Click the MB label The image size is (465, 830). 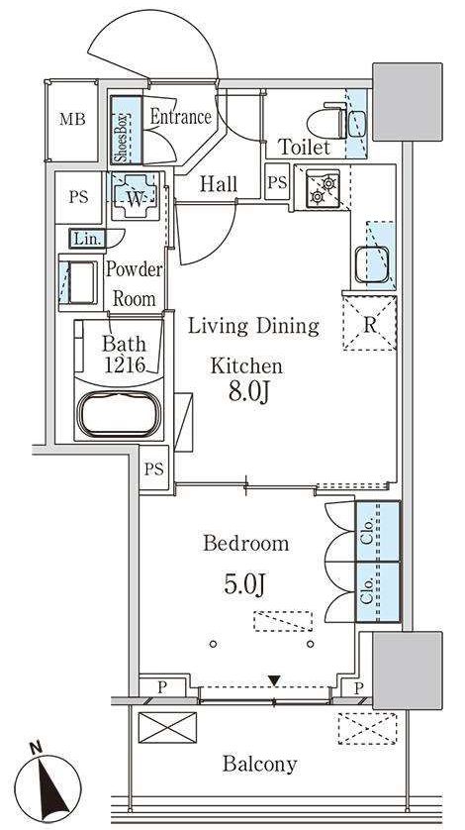click(x=72, y=119)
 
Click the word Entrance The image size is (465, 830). click(x=181, y=117)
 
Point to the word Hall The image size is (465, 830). click(x=219, y=184)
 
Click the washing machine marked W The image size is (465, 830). click(x=135, y=196)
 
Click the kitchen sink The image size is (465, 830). click(x=372, y=264)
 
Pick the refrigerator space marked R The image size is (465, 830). click(x=369, y=324)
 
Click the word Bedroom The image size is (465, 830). click(x=246, y=544)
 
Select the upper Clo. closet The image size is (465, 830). click(x=377, y=532)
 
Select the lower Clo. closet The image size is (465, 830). click(x=377, y=592)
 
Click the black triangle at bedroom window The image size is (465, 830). click(x=274, y=679)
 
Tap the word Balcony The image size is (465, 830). click(x=260, y=764)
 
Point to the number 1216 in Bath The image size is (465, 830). click(x=126, y=364)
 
